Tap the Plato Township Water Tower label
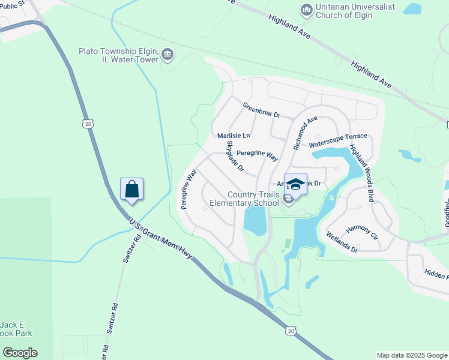pyautogui.click(x=118, y=56)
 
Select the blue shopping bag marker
pyautogui.click(x=132, y=190)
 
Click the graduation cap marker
pyautogui.click(x=295, y=185)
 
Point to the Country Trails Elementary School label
pyautogui.click(x=244, y=199)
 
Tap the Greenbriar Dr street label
pyautogui.click(x=262, y=113)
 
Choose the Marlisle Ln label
pyautogui.click(x=234, y=136)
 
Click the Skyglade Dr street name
pyautogui.click(x=235, y=156)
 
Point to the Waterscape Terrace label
pyautogui.click(x=337, y=141)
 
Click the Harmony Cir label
pyautogui.click(x=362, y=232)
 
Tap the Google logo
pyautogui.click(x=20, y=353)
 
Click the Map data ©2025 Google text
pyautogui.click(x=412, y=355)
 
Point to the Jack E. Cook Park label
pyautogui.click(x=16, y=329)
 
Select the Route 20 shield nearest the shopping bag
pyautogui.click(x=88, y=124)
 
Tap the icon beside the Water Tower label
pyautogui.click(x=167, y=56)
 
